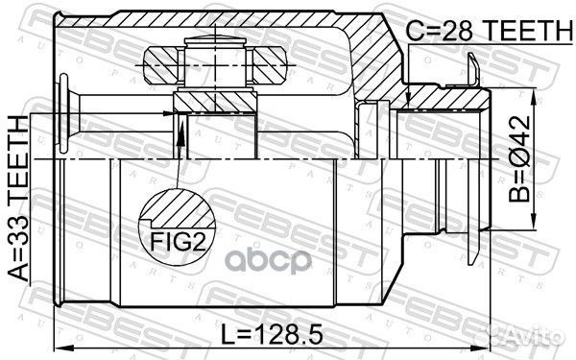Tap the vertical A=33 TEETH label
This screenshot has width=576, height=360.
(x=17, y=198)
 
